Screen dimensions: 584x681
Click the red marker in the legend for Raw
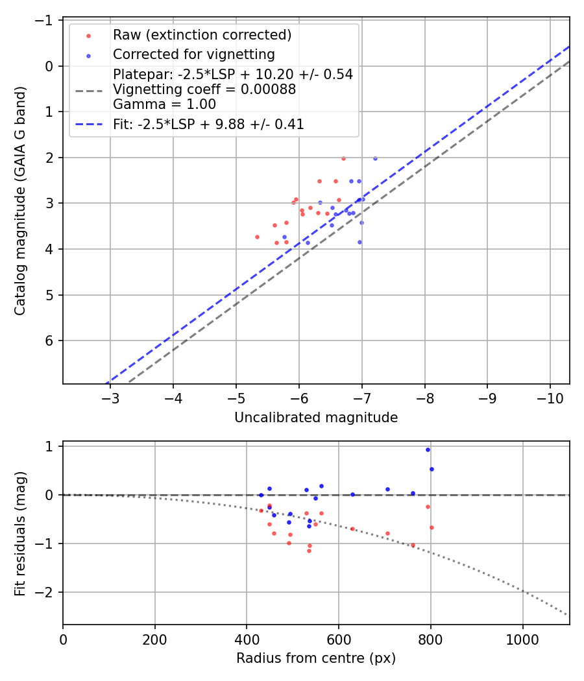89,36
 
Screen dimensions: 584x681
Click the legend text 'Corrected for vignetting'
194,54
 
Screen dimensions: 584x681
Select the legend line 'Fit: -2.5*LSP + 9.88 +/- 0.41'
208,125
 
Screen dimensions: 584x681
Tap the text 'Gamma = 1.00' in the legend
164,104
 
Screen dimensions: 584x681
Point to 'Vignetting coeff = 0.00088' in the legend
204,90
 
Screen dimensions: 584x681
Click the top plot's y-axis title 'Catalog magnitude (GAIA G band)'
20,200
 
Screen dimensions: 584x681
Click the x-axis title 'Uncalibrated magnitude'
316,418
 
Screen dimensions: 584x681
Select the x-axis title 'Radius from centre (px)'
316,658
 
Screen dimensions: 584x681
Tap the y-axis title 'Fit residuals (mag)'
20,533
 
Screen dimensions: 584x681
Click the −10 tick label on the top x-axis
550,399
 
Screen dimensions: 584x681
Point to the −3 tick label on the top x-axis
110,399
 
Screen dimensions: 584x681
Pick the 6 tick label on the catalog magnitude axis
49,341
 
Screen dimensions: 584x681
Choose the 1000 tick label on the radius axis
522,639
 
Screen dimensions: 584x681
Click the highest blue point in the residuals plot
428,450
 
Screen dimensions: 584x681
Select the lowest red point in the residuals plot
309,551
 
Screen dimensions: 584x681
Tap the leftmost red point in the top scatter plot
257,237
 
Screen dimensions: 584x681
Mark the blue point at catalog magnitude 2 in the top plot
376,159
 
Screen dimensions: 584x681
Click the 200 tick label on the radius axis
154,639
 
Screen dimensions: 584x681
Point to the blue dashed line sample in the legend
89,125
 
